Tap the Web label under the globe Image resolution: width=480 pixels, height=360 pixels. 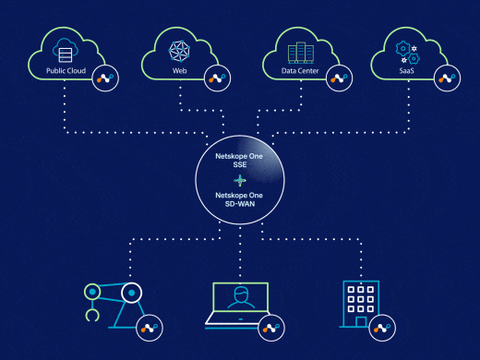coord(179,70)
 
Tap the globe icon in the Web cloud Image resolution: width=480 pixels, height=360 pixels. coord(179,49)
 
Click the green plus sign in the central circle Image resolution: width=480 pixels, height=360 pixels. coord(240,181)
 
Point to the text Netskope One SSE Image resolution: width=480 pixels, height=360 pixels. coord(240,162)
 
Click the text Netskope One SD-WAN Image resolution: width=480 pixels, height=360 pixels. coord(240,200)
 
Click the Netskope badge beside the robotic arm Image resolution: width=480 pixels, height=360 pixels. coord(148,328)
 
